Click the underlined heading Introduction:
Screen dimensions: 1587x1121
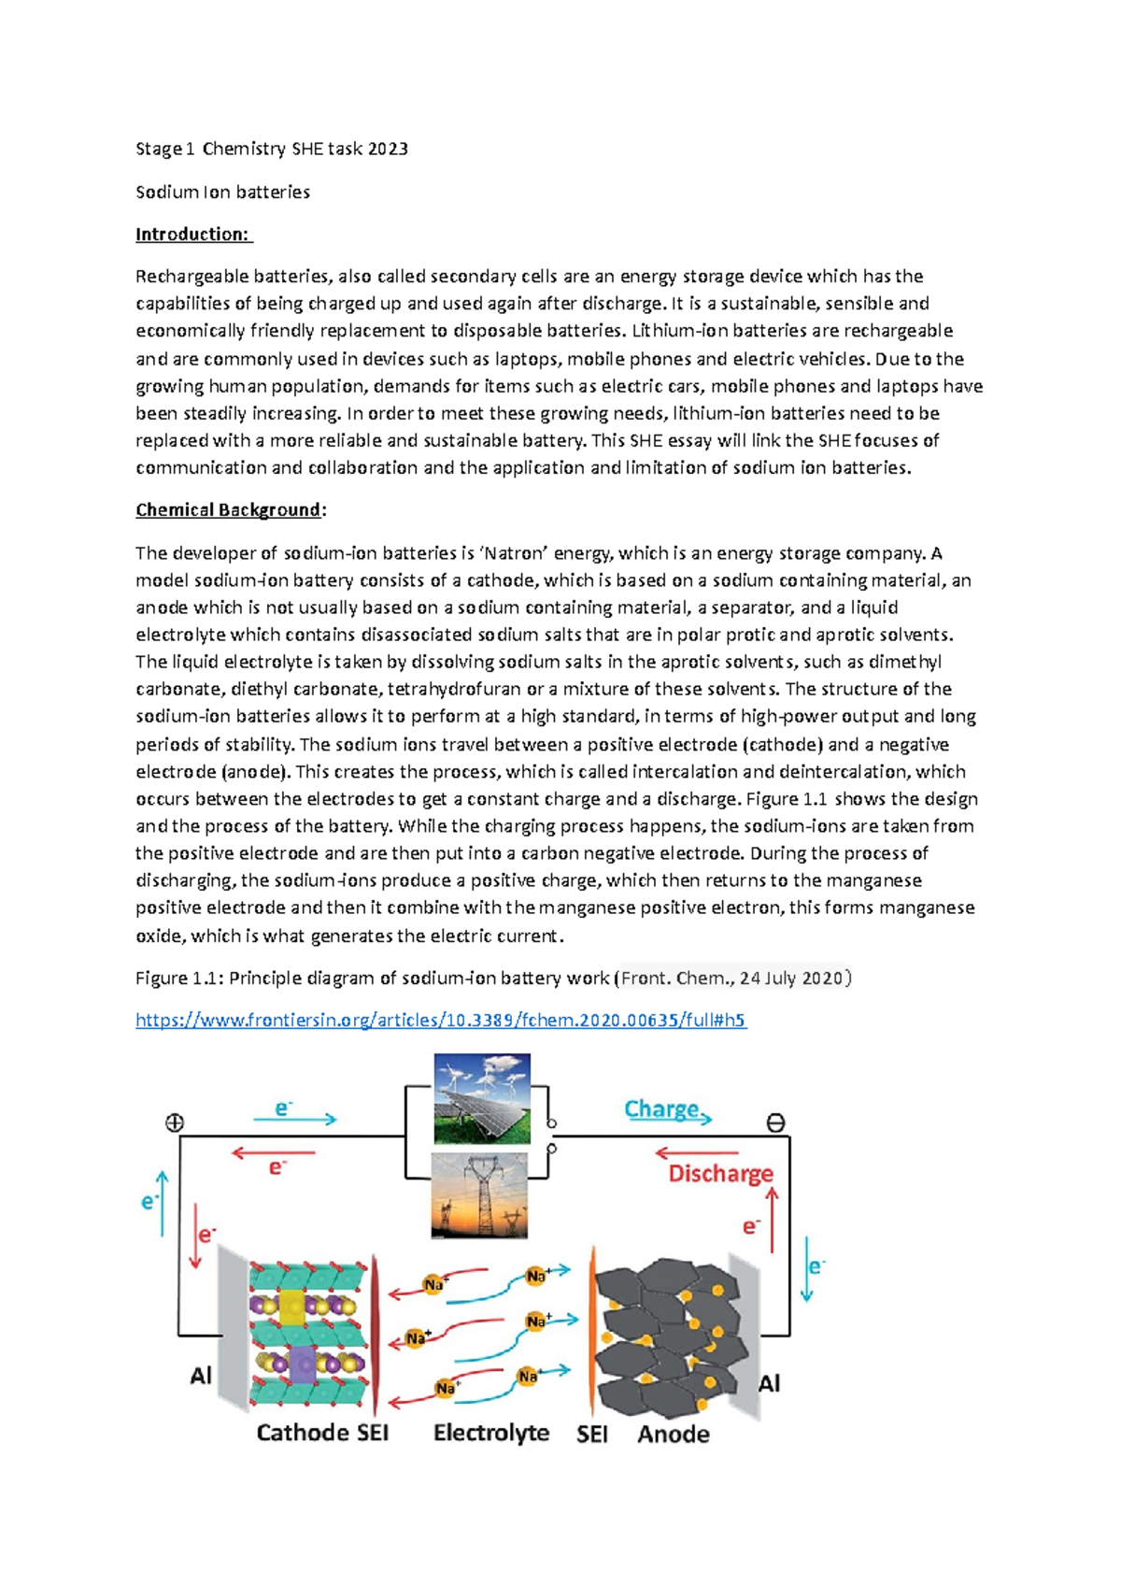pos(193,235)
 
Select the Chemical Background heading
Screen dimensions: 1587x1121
pos(229,510)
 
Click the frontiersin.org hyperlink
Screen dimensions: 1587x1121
pos(440,1020)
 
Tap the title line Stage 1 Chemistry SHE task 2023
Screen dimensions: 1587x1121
pos(271,149)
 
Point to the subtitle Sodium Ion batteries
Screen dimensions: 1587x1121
pos(222,192)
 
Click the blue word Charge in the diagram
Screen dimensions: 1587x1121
pos(661,1109)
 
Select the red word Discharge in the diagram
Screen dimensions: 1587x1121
pos(720,1174)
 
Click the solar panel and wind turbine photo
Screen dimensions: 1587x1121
pos(482,1099)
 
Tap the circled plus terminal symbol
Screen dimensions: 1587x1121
pos(175,1123)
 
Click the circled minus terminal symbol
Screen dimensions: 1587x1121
pos(775,1123)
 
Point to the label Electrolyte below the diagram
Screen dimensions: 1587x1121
pos(491,1433)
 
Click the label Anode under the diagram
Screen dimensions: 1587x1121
pos(673,1435)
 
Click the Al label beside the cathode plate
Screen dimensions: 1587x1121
pos(201,1376)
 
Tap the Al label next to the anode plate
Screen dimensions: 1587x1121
pos(769,1383)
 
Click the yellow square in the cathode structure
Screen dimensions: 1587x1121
pos(292,1305)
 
